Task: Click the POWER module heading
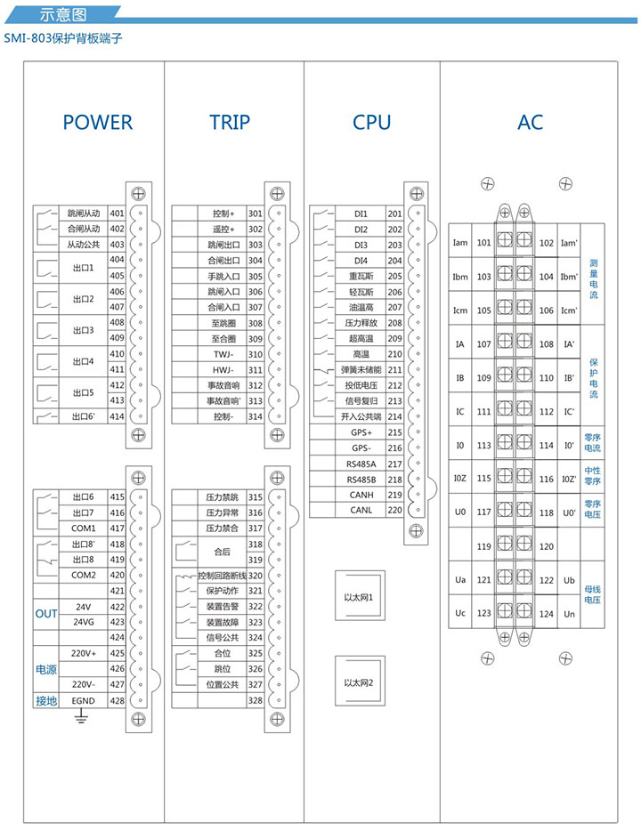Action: click(98, 123)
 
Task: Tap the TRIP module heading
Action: click(230, 123)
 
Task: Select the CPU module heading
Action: click(371, 123)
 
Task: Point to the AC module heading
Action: click(530, 123)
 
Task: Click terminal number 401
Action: click(117, 214)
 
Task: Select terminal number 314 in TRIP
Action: click(256, 416)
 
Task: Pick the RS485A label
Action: click(361, 464)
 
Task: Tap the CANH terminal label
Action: click(361, 495)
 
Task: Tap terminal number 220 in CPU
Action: click(394, 510)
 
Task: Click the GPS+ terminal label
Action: click(361, 432)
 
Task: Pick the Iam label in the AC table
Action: click(460, 242)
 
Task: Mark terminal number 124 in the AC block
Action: click(546, 614)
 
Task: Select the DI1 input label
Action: click(361, 214)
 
